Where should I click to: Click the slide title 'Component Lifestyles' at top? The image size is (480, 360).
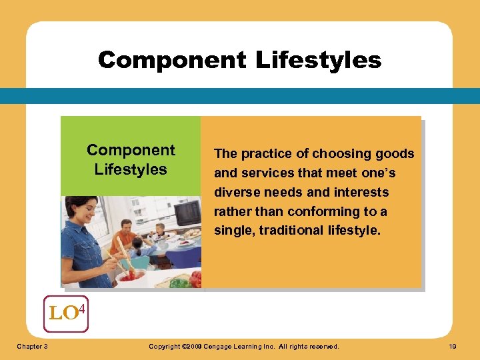pos(239,60)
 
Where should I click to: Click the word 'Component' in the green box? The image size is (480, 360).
pos(131,150)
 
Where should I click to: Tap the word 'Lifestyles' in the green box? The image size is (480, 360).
pos(131,169)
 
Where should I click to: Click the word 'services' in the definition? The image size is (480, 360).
pos(265,173)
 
